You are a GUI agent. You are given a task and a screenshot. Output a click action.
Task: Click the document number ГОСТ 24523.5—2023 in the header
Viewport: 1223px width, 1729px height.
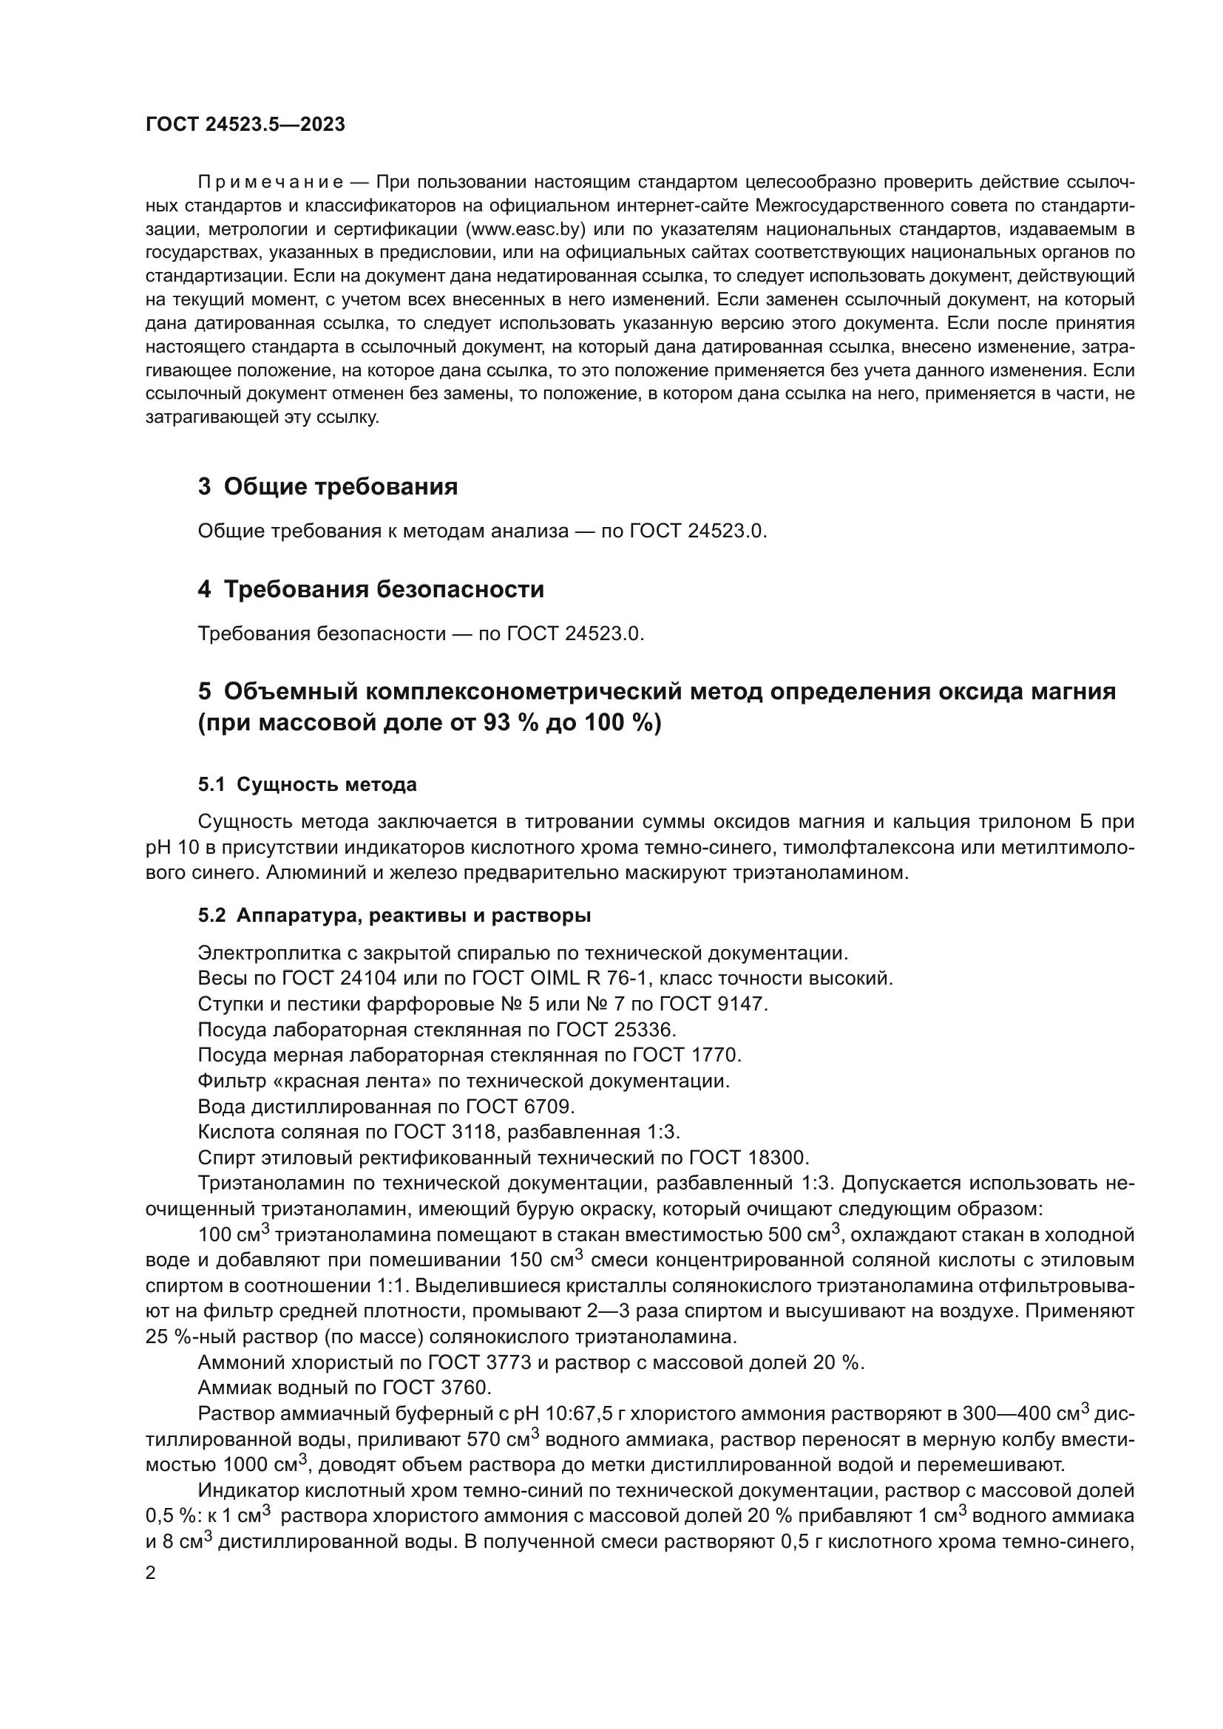click(245, 125)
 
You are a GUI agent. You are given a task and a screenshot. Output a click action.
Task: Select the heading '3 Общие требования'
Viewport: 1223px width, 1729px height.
click(328, 486)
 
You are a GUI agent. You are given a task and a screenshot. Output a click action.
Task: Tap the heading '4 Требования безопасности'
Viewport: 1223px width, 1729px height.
click(370, 589)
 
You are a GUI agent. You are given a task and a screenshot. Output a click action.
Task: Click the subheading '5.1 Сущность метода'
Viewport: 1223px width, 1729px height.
click(308, 785)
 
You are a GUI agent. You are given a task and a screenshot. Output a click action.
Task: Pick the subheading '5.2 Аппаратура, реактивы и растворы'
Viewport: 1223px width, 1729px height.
click(394, 916)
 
